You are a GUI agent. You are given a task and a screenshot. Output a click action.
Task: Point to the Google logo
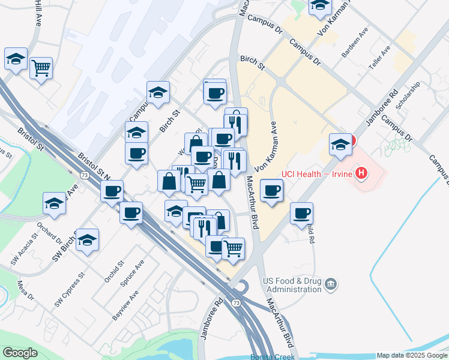pos(20,353)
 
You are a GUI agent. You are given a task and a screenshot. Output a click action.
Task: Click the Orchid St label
pos(113,272)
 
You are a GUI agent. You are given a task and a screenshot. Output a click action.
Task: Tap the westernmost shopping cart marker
pos(41,68)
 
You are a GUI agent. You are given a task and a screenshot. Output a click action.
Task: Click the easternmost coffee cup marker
pos(301,213)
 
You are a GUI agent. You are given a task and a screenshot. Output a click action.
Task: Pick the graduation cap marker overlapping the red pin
pos(340,145)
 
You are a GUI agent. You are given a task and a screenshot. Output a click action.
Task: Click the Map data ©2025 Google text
pos(412,355)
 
